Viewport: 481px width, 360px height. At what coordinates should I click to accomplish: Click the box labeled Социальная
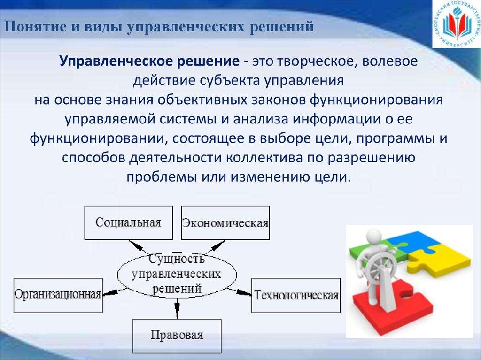coord(128,222)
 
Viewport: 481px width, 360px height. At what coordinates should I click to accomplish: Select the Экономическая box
coord(225,222)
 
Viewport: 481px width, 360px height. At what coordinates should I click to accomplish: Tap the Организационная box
coord(58,295)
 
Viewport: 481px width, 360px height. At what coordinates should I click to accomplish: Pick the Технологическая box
coord(296,295)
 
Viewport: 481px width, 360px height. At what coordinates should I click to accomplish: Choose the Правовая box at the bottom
coord(177,336)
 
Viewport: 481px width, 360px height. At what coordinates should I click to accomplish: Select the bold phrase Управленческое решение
coord(147,61)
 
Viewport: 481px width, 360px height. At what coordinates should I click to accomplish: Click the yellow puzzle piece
coord(442,256)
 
